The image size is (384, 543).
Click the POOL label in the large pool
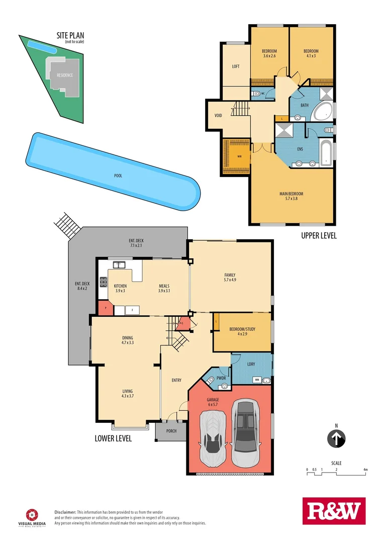point(118,176)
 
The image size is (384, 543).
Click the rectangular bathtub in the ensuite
point(326,153)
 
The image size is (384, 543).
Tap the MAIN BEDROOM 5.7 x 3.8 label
point(292,196)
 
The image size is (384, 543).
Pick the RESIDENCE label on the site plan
point(64,75)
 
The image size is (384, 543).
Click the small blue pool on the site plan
point(41,46)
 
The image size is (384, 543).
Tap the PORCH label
point(171,431)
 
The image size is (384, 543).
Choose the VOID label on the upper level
point(218,116)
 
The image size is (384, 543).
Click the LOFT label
point(235,66)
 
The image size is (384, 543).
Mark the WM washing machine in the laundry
point(257,380)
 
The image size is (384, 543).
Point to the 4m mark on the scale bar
point(366,469)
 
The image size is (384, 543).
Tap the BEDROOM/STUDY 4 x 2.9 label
point(242,332)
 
